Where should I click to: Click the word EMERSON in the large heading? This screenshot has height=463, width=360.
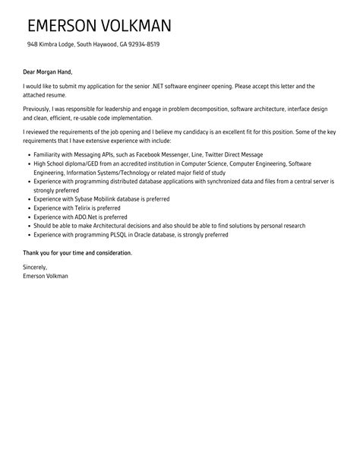pos(64,25)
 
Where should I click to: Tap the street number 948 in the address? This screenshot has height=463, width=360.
pos(33,44)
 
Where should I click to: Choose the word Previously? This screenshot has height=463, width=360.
pos(39,109)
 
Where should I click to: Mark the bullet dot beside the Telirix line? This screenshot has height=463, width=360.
pos(27,208)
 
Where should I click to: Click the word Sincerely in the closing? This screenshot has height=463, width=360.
pos(36,267)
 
